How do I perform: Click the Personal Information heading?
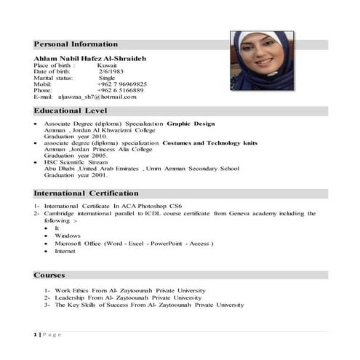tap(76, 44)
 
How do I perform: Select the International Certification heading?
tap(86, 193)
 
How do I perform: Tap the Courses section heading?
tap(49, 276)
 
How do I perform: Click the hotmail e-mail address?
tap(96, 97)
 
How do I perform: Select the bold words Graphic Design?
tap(191, 124)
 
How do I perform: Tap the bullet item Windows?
tap(68, 236)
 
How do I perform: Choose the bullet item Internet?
tap(65, 251)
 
